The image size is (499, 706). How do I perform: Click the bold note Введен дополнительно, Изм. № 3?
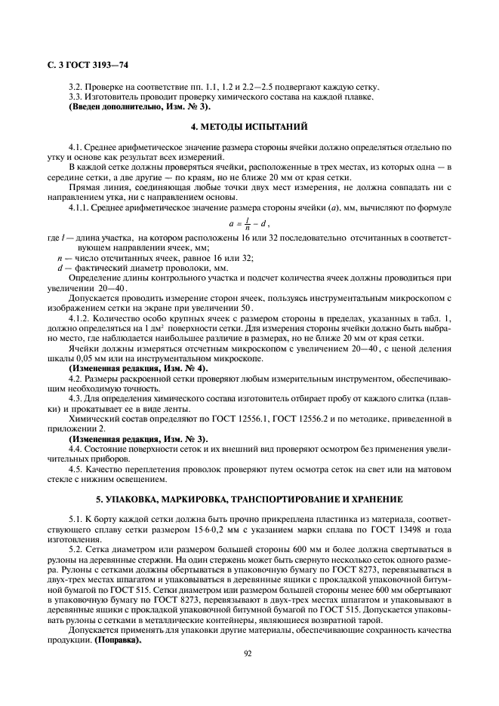(x=129, y=106)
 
